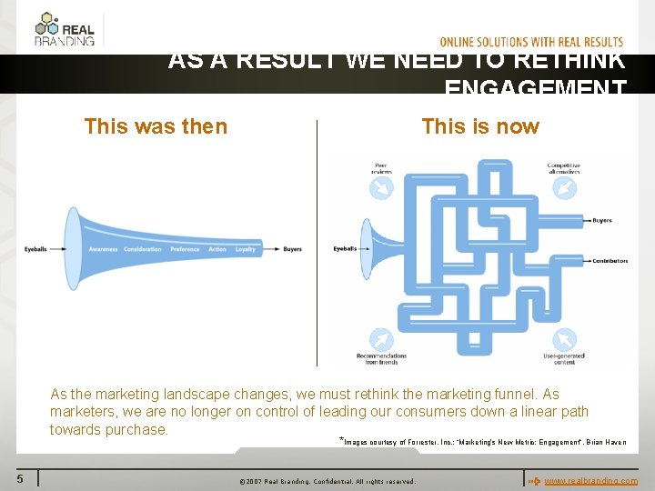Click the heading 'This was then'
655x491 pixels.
tap(156, 126)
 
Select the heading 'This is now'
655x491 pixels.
tap(480, 126)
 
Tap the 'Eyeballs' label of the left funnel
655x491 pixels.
tap(36, 249)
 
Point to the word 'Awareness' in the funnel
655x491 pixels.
tap(103, 249)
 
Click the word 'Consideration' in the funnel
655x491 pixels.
tap(143, 249)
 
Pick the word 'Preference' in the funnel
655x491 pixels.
tap(185, 249)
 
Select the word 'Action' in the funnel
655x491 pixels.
tap(217, 249)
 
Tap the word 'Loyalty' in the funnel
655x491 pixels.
tap(246, 249)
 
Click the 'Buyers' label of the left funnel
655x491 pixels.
tap(292, 249)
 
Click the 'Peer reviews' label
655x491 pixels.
tap(380, 168)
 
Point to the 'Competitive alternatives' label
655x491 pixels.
tap(563, 168)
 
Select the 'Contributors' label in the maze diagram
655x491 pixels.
tap(610, 261)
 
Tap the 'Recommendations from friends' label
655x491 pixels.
tap(381, 358)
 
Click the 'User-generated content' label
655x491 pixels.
tap(564, 358)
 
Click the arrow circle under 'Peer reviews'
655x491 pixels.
tap(380, 187)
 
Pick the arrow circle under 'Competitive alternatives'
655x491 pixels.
tap(564, 187)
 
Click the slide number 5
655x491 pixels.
tap(19, 478)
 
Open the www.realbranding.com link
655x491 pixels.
tap(590, 480)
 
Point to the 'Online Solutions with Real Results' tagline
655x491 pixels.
tap(531, 42)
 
